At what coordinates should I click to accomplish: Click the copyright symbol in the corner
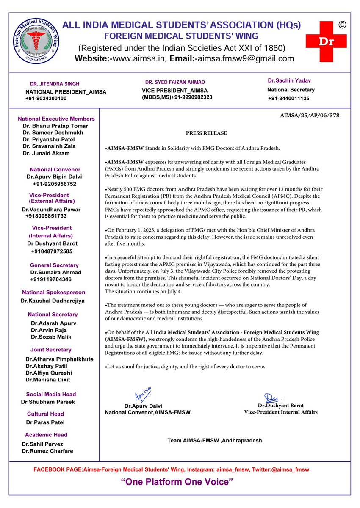click(342, 25)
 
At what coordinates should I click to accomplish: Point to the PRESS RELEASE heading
click(206, 133)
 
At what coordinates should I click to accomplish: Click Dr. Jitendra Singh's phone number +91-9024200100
click(46, 99)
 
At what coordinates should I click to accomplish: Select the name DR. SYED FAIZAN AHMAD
click(175, 82)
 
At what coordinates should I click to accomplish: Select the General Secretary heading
click(54, 265)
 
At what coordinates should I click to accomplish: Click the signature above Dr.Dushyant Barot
click(271, 398)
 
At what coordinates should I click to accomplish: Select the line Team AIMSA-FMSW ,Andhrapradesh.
click(215, 441)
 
